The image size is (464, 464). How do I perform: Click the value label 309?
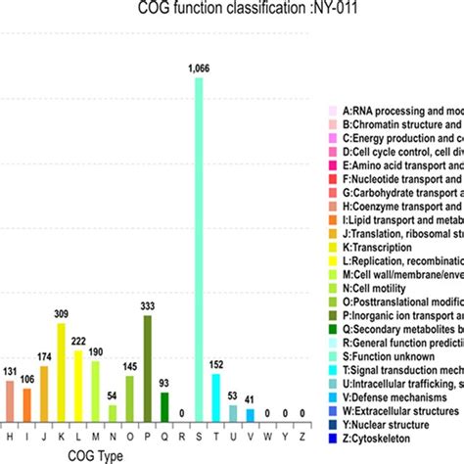coord(60,313)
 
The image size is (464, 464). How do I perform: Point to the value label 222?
coord(78,340)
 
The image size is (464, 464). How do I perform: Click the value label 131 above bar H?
coord(9,372)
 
